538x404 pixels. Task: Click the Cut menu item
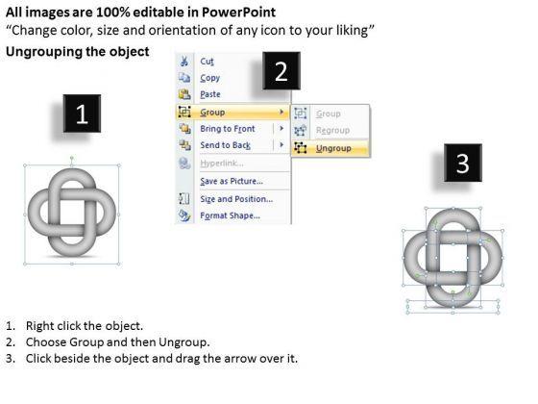click(x=207, y=62)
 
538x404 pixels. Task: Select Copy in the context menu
click(x=210, y=78)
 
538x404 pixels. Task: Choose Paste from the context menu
click(x=210, y=94)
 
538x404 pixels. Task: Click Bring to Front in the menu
click(x=228, y=129)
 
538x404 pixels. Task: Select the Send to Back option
click(x=226, y=145)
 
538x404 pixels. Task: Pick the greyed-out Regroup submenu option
click(x=332, y=130)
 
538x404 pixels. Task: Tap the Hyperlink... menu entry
click(x=222, y=164)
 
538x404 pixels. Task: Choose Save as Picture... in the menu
click(x=232, y=181)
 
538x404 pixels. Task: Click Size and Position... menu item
click(x=236, y=199)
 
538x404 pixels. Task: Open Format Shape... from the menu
click(x=231, y=215)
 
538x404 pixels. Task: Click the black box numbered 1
click(x=82, y=114)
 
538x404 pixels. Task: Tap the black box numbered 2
click(x=281, y=71)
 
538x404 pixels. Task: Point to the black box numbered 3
click(x=463, y=163)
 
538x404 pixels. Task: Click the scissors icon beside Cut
click(x=184, y=62)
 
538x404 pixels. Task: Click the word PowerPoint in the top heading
click(x=238, y=13)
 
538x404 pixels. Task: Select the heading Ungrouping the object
click(x=78, y=52)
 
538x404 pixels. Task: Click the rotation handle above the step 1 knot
click(x=72, y=158)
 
